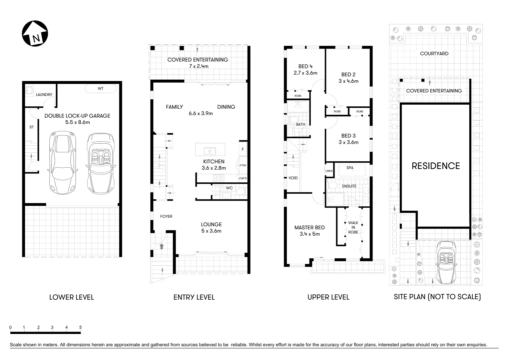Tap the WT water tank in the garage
(100, 89)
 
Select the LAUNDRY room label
(44, 95)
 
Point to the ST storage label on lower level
(32, 127)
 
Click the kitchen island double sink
(210, 151)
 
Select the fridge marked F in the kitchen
(243, 149)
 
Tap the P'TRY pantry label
(243, 165)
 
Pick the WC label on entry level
(229, 188)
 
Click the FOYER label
(166, 216)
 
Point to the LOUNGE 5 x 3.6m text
(211, 228)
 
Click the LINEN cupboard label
(329, 171)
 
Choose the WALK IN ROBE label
(353, 227)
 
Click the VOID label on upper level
(293, 178)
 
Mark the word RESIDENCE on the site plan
(436, 166)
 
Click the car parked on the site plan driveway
(446, 263)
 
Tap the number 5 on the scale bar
(80, 327)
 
